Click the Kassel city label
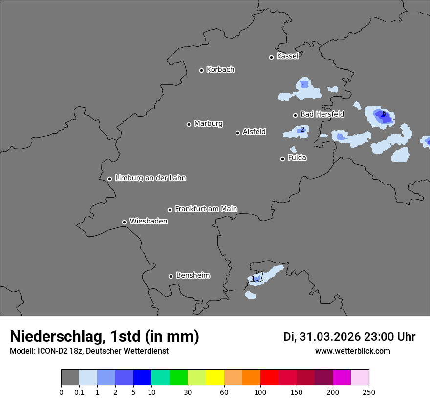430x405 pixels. coord(287,56)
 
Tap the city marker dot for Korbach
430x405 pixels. coord(201,70)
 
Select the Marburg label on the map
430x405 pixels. coord(208,124)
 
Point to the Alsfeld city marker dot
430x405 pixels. coord(237,133)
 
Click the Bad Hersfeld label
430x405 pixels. coord(322,114)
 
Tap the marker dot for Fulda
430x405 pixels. coord(282,159)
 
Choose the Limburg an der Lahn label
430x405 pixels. coord(150,178)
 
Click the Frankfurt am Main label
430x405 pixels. coord(206,209)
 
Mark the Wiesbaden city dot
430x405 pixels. coord(124,222)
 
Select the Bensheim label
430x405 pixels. coord(193,275)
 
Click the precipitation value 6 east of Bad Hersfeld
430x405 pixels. coord(384,114)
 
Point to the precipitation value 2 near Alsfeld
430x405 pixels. coord(302,129)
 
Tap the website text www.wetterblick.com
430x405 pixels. coord(352,351)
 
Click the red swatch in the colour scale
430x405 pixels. coord(269,378)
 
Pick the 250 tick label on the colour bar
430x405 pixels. coord(369,392)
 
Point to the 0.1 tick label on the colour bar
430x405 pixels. coord(79,392)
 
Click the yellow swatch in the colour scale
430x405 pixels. coord(215,378)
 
